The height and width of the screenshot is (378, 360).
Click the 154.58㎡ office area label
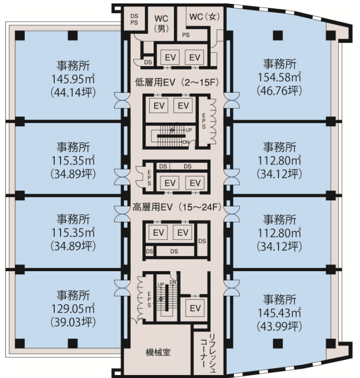pos(279,77)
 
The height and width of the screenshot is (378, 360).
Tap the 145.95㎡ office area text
pos(73,79)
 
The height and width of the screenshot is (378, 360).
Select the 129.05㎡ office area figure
pos(73,309)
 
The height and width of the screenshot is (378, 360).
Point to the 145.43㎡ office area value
pos(279,313)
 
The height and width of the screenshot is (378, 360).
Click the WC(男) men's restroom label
pos(162,24)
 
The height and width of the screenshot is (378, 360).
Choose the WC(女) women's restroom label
pos(204,17)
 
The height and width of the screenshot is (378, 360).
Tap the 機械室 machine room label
pos(158,352)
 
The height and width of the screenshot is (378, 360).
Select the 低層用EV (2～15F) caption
pos(177,83)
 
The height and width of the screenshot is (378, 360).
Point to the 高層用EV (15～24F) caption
pos(177,207)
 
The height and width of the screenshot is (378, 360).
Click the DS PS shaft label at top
pos(134,19)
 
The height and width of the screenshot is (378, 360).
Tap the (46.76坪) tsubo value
pos(279,91)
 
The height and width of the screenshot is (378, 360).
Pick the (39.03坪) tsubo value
pos(73,322)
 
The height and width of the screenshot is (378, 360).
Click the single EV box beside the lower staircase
pos(195,308)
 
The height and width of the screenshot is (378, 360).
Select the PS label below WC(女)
pos(186,35)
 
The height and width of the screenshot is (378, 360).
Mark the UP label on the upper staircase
pos(189,130)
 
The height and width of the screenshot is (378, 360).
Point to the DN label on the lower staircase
pos(173,283)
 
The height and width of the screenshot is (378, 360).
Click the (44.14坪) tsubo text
pos(73,93)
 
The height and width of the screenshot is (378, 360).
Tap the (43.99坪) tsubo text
pos(279,326)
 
